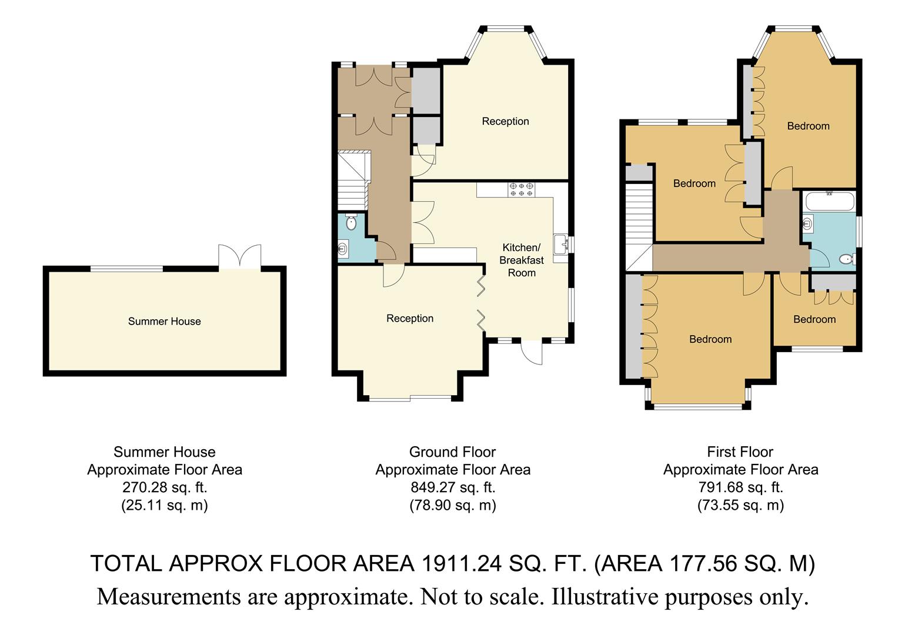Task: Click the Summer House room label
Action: click(x=164, y=321)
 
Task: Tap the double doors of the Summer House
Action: click(x=239, y=256)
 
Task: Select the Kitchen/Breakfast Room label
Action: click(x=522, y=260)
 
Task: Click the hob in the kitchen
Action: click(x=522, y=189)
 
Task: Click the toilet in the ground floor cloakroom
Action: click(x=352, y=223)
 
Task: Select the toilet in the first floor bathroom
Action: click(x=847, y=259)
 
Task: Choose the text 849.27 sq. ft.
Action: click(x=452, y=487)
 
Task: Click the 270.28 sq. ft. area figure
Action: click(x=165, y=487)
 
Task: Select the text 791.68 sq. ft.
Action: click(x=740, y=487)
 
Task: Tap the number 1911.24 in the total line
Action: click(x=462, y=563)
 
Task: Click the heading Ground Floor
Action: click(x=452, y=452)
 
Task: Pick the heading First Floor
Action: click(x=740, y=452)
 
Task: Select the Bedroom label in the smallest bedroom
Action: click(x=814, y=319)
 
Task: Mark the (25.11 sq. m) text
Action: click(x=165, y=505)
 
